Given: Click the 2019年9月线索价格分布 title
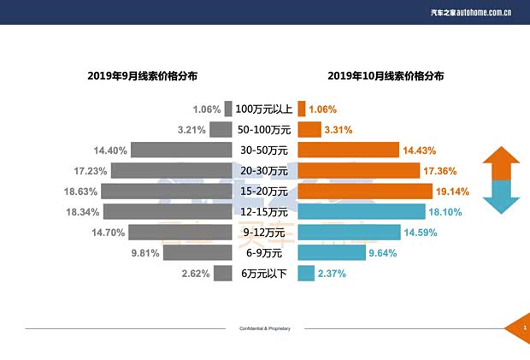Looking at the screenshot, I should pos(142,76).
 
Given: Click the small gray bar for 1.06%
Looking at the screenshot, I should pos(228,109).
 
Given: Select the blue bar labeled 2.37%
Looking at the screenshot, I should pos(304,273).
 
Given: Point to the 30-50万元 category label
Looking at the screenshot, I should pos(264,150).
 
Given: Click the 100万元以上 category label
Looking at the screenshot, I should pos(264,109).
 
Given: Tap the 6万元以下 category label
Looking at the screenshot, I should pos(264,274).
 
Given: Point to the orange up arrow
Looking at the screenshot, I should pos(501,162).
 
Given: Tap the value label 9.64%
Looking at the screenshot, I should pos(384,253).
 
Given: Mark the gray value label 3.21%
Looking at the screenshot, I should pos(191,130).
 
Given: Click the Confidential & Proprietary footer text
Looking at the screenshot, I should pos(265,328).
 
